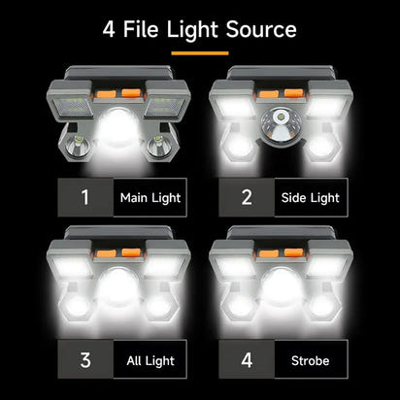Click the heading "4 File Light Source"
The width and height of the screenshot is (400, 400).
[x=200, y=29]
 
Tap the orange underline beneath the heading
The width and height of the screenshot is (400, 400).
[x=199, y=52]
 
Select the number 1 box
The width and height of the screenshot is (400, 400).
[x=84, y=197]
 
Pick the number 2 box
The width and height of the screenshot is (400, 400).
[x=246, y=197]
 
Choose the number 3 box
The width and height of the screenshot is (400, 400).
[x=84, y=360]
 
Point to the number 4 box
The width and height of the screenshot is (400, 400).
[x=246, y=360]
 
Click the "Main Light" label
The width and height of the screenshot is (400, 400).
[x=150, y=198]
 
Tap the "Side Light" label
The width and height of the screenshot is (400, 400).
[x=311, y=198]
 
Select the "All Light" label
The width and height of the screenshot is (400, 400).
[x=150, y=361]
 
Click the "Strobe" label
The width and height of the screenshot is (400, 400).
[x=311, y=361]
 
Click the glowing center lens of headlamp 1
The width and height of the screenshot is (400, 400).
[x=117, y=129]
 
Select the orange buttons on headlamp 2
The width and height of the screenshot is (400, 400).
[x=279, y=94]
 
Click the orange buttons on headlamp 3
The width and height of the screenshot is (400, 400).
[x=117, y=254]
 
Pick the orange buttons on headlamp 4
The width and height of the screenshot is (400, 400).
[x=279, y=254]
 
